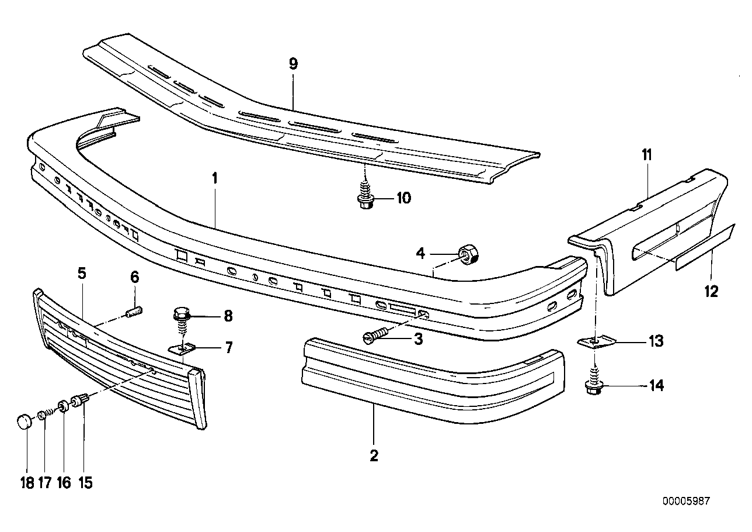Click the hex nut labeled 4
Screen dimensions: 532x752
click(468, 253)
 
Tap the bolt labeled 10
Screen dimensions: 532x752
click(365, 198)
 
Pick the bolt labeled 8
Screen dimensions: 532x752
click(183, 319)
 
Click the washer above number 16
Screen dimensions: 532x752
click(62, 406)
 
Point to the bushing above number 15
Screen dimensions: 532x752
click(78, 401)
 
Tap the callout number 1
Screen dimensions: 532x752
click(214, 178)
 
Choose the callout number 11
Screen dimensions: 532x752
click(647, 155)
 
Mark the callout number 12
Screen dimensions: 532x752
click(711, 290)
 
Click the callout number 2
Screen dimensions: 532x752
click(374, 455)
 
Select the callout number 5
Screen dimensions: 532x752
click(82, 272)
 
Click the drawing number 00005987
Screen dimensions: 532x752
click(686, 502)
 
